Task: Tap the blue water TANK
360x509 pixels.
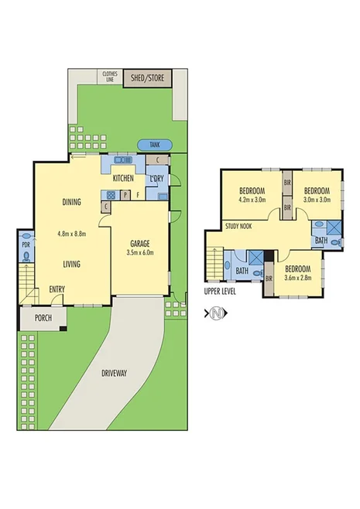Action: [154, 145]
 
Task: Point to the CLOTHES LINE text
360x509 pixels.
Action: [109, 77]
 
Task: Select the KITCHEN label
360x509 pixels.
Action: [123, 179]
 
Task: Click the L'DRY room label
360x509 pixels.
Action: [156, 179]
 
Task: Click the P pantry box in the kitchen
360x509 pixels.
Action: [124, 196]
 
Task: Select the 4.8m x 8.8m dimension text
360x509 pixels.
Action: [71, 234]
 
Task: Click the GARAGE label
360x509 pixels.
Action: [140, 241]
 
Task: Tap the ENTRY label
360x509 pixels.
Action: [57, 289]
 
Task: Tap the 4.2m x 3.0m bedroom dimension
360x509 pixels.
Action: [252, 199]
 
